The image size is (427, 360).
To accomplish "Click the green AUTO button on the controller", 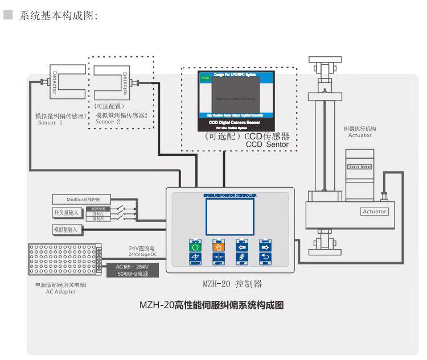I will [196, 246].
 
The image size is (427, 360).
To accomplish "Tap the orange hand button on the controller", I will [218, 246].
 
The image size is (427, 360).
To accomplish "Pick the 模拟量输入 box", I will [67, 229].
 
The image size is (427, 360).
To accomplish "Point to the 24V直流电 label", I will [142, 248].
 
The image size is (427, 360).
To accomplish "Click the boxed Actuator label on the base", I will [374, 212].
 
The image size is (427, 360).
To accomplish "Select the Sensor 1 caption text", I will [51, 122].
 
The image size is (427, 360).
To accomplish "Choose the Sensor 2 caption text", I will [108, 122].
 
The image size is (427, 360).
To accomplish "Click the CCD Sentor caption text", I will [267, 145].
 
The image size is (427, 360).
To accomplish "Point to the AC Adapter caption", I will [61, 292].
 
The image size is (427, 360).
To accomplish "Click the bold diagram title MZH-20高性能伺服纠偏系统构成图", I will [212, 305].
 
